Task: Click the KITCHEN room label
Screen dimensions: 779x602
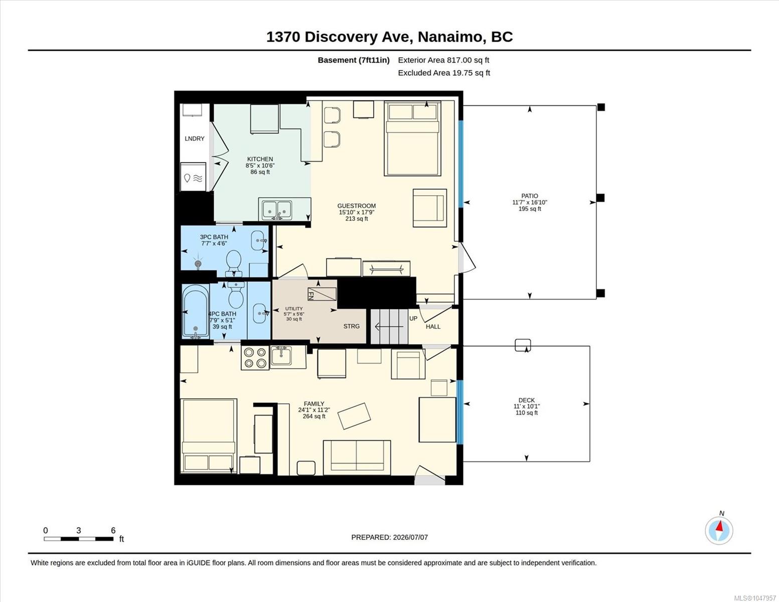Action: (260, 159)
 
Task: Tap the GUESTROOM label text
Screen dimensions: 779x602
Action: (356, 206)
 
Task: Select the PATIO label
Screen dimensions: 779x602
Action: (530, 196)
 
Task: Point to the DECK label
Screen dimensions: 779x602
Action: (527, 400)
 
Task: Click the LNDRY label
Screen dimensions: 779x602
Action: (195, 139)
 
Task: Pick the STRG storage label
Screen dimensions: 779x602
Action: (351, 326)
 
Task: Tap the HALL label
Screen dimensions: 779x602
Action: (433, 327)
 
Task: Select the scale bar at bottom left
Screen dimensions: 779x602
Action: (79, 538)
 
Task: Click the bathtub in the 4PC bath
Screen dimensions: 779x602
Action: (196, 311)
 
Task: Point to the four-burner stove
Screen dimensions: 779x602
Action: (255, 358)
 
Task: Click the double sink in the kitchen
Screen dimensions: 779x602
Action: (277, 210)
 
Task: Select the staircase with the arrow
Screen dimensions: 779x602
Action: (389, 327)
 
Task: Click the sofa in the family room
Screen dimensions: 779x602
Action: (357, 458)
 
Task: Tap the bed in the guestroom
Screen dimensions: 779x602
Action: (413, 138)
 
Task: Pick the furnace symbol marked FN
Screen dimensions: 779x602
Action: (322, 293)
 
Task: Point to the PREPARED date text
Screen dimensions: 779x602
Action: (390, 537)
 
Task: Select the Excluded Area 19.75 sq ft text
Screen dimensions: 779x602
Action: (444, 73)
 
